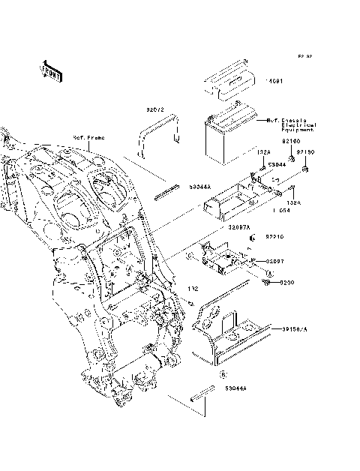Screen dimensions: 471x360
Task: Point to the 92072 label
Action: [x=154, y=109]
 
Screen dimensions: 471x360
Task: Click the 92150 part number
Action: [x=304, y=152]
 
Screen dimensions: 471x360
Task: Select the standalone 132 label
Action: [x=192, y=289]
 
